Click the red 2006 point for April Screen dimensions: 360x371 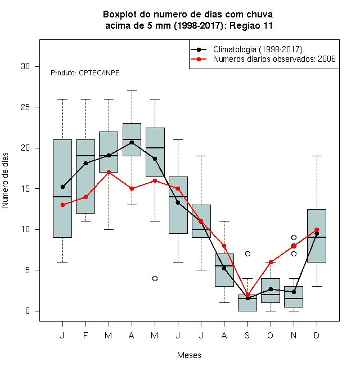coord(132,188)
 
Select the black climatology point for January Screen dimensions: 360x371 coord(62,187)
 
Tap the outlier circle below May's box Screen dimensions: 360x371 coord(155,278)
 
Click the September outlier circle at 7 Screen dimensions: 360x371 coord(247,254)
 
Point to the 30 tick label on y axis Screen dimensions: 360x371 coord(25,66)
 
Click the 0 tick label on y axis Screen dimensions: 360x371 coord(28,311)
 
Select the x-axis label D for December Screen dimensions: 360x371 coord(317,336)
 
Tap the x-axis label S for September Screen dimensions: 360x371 coord(247,336)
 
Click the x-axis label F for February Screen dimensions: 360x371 coord(85,336)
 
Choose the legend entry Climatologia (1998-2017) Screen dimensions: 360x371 coord(258,49)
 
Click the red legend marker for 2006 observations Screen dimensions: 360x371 coord(199,59)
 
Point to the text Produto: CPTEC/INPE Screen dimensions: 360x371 coord(85,73)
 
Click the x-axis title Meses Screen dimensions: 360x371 coord(189,355)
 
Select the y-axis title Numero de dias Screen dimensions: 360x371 coord(5,180)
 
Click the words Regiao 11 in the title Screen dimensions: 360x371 coord(251,25)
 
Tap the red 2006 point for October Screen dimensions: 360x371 coord(271,262)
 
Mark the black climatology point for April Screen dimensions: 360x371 coord(132,142)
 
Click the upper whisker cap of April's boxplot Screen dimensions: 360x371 coord(132,91)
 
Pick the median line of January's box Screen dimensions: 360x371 coord(62,197)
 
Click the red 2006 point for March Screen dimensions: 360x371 coord(109,172)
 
